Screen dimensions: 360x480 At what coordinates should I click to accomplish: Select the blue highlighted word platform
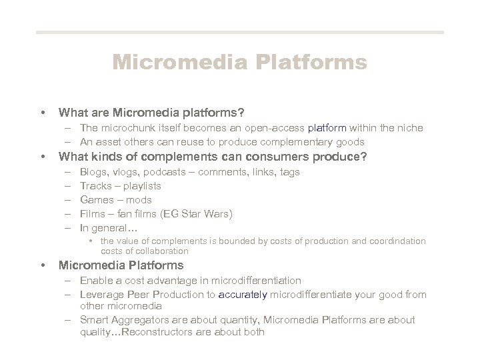(x=325, y=127)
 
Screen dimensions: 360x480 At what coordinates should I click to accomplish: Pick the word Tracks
(x=95, y=186)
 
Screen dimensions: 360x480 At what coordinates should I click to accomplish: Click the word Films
(x=93, y=214)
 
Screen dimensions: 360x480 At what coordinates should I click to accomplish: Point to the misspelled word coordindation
(x=398, y=241)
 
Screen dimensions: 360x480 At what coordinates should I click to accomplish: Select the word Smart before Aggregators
(x=93, y=320)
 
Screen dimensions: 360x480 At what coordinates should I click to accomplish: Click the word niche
(x=410, y=127)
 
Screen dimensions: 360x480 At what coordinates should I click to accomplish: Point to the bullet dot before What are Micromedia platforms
(x=43, y=111)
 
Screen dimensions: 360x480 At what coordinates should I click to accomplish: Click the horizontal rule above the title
(x=239, y=32)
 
